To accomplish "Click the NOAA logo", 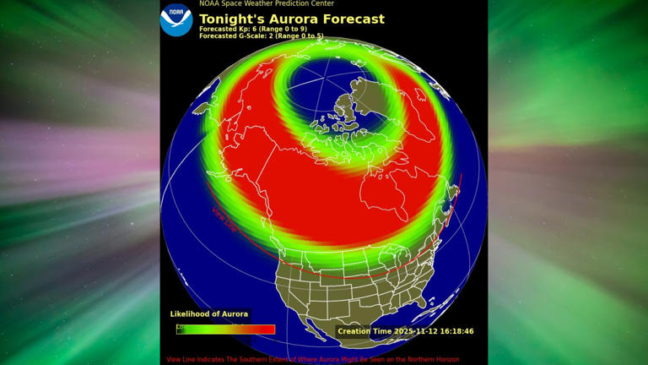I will click(176, 20).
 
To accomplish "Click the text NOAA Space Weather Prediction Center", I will click(266, 3).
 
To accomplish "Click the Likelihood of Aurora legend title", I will click(209, 314).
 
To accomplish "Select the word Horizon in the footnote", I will click(444, 359).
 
